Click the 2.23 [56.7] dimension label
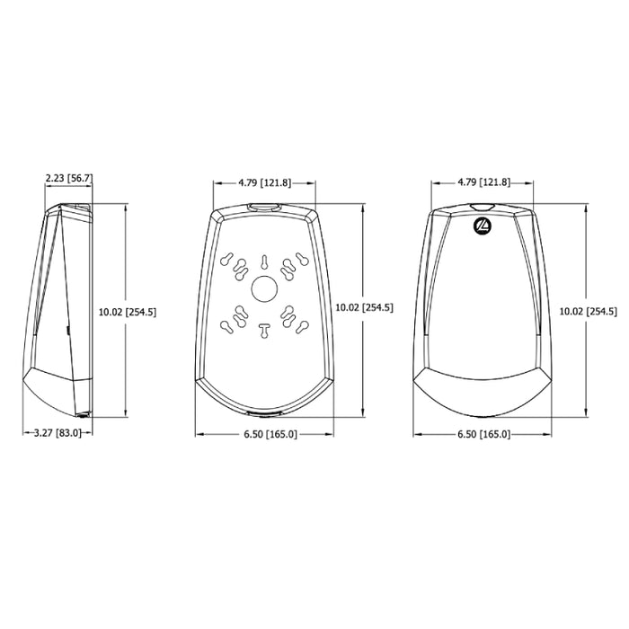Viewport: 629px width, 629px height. point(69,180)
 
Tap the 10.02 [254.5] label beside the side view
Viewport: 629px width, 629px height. point(128,312)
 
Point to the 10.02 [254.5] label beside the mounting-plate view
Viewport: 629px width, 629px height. point(363,307)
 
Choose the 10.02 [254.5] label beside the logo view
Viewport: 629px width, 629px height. point(588,312)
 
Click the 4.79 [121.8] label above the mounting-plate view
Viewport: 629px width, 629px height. point(264,182)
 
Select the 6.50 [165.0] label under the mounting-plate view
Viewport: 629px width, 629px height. point(270,434)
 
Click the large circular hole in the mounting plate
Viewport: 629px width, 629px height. point(265,289)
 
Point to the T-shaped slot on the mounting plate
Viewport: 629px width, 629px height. point(264,330)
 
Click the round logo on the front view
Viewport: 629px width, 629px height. point(483,227)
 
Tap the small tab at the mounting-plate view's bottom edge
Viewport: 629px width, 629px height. point(263,414)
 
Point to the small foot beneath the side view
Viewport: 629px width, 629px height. point(82,414)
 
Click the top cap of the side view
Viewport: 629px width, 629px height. point(74,209)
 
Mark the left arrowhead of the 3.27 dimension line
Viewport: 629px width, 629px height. point(25,433)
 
